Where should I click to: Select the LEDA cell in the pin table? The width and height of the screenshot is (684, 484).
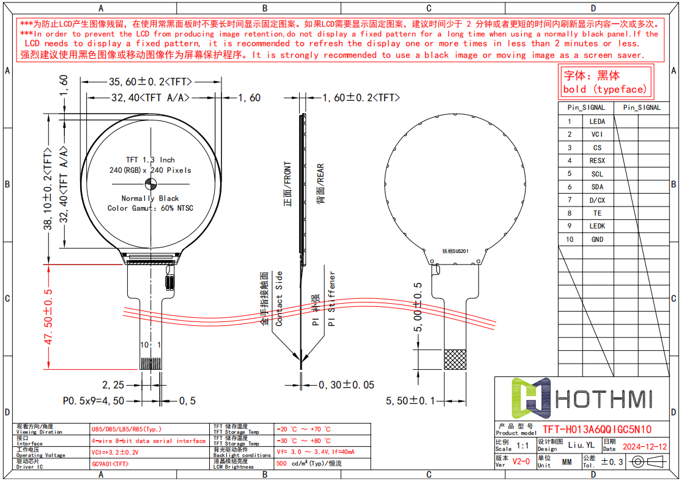point(597,122)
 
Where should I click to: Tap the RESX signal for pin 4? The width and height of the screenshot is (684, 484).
point(597,161)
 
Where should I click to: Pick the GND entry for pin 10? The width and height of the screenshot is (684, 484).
point(597,240)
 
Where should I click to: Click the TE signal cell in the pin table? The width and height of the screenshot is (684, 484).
point(597,213)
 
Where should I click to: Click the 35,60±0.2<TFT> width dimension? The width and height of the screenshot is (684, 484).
point(151,82)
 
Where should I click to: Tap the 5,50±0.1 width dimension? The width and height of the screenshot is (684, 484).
point(414,401)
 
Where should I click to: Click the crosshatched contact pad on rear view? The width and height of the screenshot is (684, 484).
point(455,359)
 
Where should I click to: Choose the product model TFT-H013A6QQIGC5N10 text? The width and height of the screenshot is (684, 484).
point(597,429)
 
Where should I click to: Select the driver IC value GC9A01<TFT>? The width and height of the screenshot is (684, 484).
point(110,464)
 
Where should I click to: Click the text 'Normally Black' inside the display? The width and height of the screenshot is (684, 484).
point(151,199)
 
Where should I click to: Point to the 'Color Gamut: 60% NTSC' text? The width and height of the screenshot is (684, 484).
point(151,208)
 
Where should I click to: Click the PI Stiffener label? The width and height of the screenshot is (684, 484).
point(332,299)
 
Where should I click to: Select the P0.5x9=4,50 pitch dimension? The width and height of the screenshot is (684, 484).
point(94,401)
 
